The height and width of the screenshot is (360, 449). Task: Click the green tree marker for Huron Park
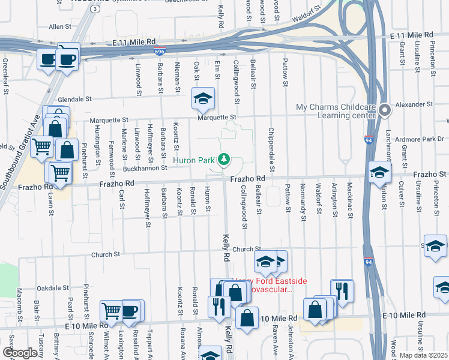point(224,159)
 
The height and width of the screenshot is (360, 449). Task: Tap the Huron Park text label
point(194,160)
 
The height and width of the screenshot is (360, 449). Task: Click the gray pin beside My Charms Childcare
point(385,110)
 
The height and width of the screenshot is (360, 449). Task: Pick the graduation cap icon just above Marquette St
point(203,98)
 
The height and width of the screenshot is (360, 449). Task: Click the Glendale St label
point(74,99)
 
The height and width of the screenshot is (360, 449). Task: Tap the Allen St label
point(60,27)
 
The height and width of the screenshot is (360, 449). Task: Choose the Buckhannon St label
point(145,169)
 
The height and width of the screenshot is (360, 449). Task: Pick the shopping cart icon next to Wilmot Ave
point(111,311)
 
